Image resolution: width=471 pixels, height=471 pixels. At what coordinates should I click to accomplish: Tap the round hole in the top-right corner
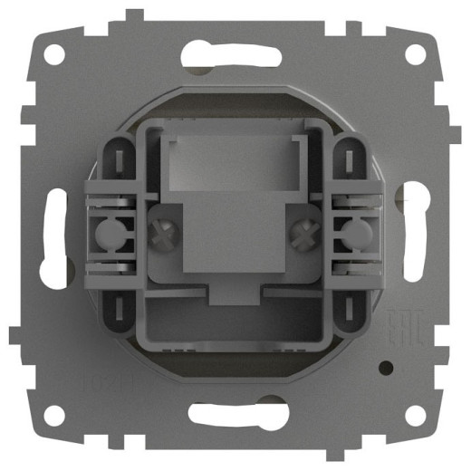tap(415, 53)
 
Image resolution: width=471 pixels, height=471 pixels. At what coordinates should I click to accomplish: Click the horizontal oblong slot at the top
tap(235, 55)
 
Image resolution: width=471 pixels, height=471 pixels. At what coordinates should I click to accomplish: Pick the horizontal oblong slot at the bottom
tap(235, 415)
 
